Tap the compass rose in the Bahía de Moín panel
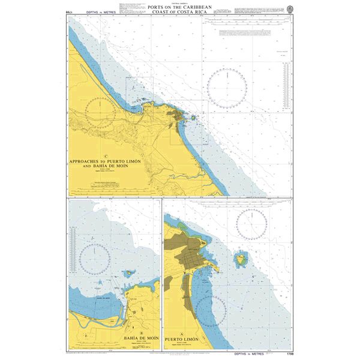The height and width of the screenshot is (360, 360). point(92,257)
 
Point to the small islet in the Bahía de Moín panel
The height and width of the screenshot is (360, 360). point(128,274)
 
